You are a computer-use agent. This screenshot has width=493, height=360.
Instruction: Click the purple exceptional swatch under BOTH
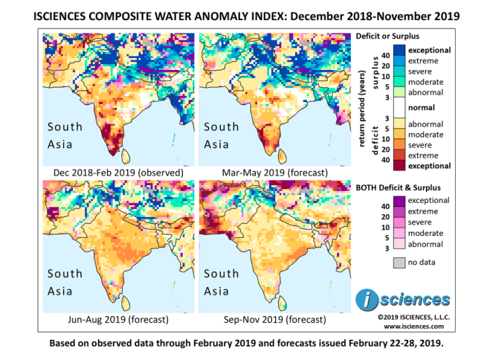click(393, 200)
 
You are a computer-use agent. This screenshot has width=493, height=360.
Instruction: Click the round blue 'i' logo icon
click(365, 300)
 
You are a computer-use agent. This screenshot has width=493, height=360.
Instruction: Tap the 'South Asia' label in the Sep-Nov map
click(222, 282)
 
